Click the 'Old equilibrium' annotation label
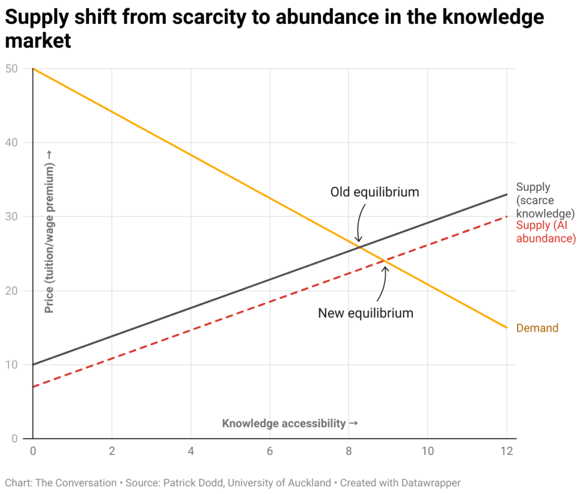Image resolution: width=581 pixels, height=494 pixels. [x=374, y=192]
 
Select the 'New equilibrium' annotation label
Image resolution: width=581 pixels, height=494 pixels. [x=365, y=313]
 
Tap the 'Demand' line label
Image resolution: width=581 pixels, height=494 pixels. [x=537, y=328]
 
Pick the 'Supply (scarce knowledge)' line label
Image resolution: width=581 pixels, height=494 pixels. [x=545, y=200]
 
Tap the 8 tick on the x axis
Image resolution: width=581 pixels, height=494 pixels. [x=349, y=451]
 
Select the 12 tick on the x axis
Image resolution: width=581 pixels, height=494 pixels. [x=506, y=451]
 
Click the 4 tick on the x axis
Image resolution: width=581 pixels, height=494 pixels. [x=191, y=451]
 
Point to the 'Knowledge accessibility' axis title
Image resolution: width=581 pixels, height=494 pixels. [x=289, y=423]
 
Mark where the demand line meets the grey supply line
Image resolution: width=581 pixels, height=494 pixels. [x=359, y=245]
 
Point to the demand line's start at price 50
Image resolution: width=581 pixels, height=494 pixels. [x=33, y=69]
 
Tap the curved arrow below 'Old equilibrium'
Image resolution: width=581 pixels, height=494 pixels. [x=360, y=224]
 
